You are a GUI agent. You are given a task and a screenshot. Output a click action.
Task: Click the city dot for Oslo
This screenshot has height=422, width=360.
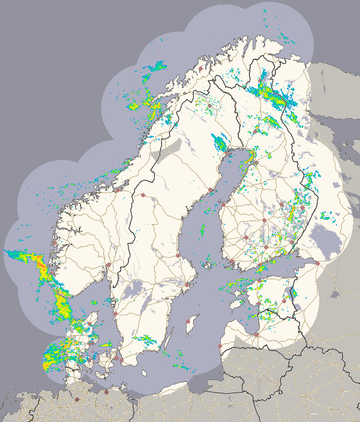point(109,264)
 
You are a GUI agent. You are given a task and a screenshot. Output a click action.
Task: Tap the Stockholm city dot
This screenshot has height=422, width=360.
point(187,284)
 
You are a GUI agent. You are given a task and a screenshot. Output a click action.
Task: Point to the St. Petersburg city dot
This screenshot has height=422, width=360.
point(317,263)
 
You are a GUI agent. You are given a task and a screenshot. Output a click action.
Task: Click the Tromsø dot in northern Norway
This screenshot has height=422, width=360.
point(200,69)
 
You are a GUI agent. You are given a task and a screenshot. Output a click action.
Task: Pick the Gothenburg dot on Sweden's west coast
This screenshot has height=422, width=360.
point(115,312)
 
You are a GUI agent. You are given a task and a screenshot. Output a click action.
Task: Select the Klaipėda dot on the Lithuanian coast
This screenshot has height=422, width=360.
point(220,346)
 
